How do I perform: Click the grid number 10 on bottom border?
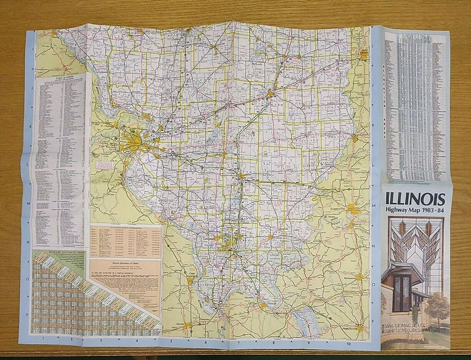pos(349,342)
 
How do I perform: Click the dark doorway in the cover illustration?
pos(403,292)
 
